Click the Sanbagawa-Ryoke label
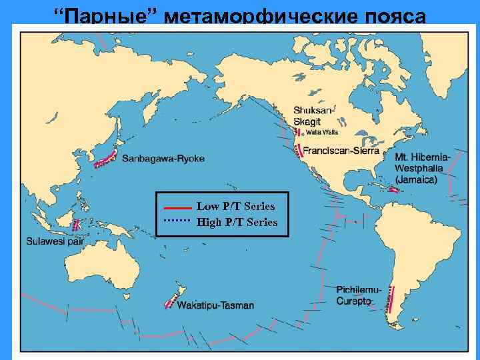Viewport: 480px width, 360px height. tap(163, 159)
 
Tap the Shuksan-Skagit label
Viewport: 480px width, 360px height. tap(314, 114)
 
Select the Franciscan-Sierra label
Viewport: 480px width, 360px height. tap(343, 151)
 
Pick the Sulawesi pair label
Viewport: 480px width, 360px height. tap(55, 241)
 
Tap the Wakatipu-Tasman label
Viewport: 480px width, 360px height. tap(215, 306)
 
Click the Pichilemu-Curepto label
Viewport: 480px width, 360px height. tap(359, 295)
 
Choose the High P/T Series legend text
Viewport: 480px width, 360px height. tap(237, 222)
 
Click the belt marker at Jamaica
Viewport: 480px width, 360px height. tap(394, 190)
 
